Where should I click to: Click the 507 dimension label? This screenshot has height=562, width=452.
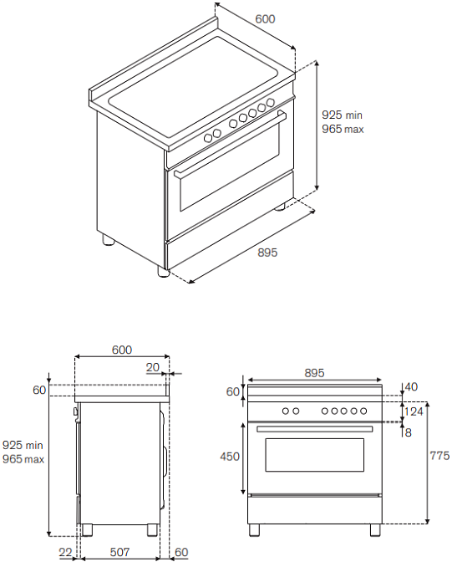119,552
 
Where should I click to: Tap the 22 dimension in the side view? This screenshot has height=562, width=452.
65,552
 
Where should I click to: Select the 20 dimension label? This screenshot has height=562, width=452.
153,367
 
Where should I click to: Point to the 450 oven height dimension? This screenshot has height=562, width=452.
230,457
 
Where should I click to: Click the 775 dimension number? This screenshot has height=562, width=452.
439,456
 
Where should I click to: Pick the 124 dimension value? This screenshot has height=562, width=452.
414,411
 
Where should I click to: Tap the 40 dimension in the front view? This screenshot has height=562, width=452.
411,387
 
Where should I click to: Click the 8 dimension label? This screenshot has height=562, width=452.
408,432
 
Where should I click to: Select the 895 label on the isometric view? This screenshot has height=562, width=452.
267,253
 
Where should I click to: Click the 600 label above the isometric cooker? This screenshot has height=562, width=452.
265,19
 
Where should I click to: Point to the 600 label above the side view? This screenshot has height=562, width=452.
122,350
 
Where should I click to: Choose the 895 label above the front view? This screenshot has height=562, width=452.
314,373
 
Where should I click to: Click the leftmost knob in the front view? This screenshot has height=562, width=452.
286,411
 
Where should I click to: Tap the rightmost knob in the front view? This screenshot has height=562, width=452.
363,411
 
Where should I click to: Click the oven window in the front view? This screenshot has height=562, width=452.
314,454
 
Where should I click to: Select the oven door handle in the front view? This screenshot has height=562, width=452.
314,429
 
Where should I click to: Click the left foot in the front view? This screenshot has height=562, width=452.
254,529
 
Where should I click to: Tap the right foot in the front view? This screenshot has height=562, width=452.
375,529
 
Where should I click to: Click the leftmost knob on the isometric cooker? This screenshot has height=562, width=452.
208,138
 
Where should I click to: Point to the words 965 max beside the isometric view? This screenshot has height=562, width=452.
343,129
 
